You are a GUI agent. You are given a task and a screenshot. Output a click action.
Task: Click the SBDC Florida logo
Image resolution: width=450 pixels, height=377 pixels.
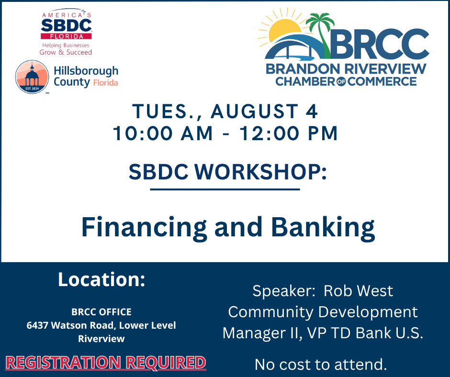pyautogui.click(x=66, y=32)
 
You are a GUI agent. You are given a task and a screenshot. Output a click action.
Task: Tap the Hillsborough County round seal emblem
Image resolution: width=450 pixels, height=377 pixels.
pyautogui.click(x=32, y=77)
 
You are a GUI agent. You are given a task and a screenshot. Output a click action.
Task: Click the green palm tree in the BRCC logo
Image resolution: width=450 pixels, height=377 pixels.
pyautogui.click(x=321, y=35)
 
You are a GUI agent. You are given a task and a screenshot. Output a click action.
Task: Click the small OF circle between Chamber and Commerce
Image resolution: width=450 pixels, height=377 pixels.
pyautogui.click(x=341, y=81)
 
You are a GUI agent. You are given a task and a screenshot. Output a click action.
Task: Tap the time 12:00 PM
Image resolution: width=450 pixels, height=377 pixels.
pyautogui.click(x=288, y=133)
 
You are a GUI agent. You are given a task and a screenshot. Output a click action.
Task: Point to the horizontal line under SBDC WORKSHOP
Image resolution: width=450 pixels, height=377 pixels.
pyautogui.click(x=225, y=189)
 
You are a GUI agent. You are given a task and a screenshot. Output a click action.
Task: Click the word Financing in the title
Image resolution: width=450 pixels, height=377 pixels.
pyautogui.click(x=144, y=227)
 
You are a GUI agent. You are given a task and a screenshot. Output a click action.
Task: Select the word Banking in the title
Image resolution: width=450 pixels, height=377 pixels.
pyautogui.click(x=323, y=227)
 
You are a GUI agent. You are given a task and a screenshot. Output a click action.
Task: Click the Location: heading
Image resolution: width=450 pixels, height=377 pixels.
pyautogui.click(x=101, y=279)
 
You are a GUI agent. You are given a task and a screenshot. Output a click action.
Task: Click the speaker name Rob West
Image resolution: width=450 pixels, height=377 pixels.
pyautogui.click(x=358, y=291)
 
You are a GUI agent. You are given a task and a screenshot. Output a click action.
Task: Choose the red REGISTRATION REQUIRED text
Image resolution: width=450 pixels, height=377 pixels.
pyautogui.click(x=106, y=362)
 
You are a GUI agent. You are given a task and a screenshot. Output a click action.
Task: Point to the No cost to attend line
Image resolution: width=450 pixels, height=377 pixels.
pyautogui.click(x=321, y=365)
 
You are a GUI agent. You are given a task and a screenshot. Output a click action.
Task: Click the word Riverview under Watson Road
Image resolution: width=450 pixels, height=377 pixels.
pyautogui.click(x=101, y=339)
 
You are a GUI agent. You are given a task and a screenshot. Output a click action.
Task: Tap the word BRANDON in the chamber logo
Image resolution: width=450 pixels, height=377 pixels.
pyautogui.click(x=303, y=69)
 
